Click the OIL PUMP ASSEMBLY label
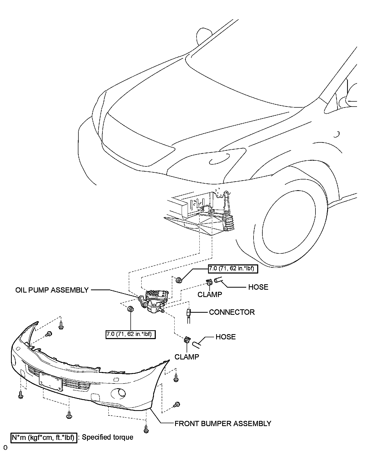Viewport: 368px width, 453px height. pyautogui.click(x=52, y=290)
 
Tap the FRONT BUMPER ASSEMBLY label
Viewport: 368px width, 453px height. pyautogui.click(x=223, y=423)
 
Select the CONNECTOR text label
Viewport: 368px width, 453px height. pyautogui.click(x=232, y=312)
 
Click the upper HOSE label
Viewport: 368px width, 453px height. pyautogui.click(x=258, y=287)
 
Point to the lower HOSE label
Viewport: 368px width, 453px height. pyautogui.click(x=226, y=337)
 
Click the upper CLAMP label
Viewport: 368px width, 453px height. pyautogui.click(x=210, y=294)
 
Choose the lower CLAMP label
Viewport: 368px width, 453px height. pyautogui.click(x=187, y=357)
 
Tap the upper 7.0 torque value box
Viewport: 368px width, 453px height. pyautogui.click(x=233, y=269)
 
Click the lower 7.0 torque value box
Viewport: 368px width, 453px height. pyautogui.click(x=130, y=334)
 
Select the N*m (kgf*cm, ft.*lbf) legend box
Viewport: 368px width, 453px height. pyautogui.click(x=44, y=437)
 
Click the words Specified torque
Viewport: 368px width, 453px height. pyautogui.click(x=107, y=437)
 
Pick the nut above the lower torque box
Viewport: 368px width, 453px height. pyautogui.click(x=130, y=309)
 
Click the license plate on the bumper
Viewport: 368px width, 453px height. pyautogui.click(x=50, y=382)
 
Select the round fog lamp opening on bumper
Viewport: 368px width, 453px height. pyautogui.click(x=118, y=393)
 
